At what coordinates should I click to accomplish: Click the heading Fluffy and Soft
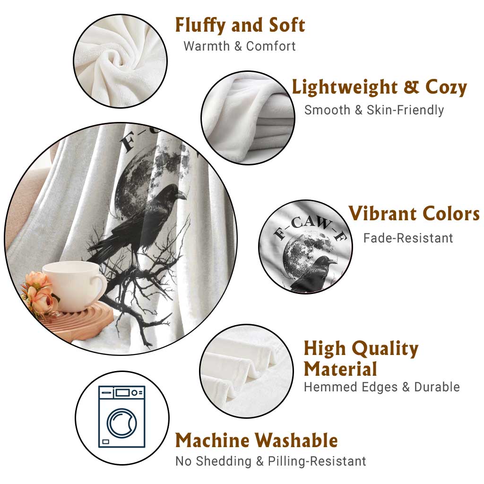tap(240, 25)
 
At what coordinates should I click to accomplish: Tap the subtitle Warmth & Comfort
tap(240, 46)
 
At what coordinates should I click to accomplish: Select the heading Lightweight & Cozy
tap(380, 87)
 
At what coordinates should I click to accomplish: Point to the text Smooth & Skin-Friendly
tap(374, 110)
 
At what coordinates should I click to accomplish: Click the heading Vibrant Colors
tap(414, 213)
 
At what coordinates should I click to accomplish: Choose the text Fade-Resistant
tap(408, 238)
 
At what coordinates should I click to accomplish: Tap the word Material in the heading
tap(340, 369)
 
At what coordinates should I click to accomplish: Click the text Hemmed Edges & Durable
tap(382, 387)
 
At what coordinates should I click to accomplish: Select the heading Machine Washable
tap(257, 440)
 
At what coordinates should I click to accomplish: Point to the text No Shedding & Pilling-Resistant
tap(270, 461)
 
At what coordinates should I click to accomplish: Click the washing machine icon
tap(122, 417)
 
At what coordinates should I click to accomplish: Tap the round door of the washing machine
tap(122, 423)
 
